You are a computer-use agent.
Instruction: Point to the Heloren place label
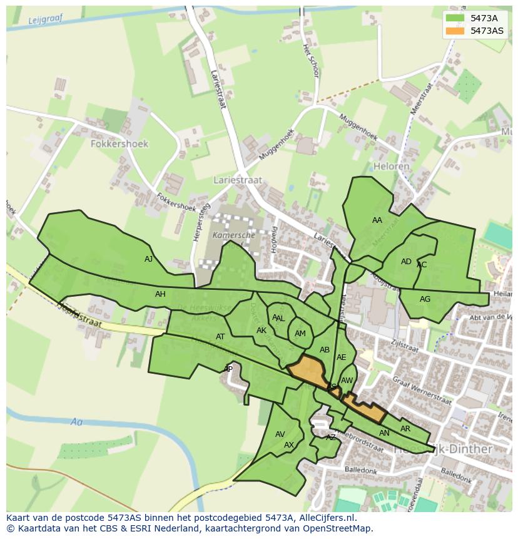(x=391, y=167)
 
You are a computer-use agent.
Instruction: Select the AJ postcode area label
(x=148, y=259)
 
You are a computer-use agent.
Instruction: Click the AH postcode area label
(x=161, y=294)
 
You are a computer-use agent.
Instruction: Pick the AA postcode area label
(x=377, y=220)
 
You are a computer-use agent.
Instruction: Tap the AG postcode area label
(x=425, y=299)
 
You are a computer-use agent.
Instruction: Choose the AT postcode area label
(x=220, y=337)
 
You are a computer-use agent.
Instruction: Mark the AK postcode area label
(x=262, y=331)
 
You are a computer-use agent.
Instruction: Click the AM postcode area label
(x=300, y=334)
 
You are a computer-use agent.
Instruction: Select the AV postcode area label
(x=280, y=434)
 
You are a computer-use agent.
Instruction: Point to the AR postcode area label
(x=405, y=429)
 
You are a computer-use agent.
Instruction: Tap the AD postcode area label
(x=407, y=262)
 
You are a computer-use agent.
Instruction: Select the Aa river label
(x=77, y=423)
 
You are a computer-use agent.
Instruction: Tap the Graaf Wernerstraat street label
(x=422, y=391)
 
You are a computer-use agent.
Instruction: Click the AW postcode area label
(x=347, y=381)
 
